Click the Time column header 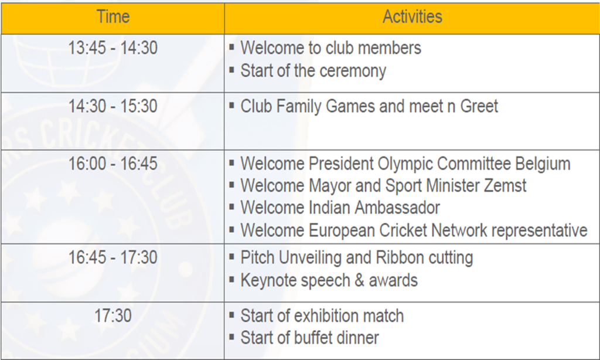click(x=113, y=17)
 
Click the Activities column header click(x=412, y=17)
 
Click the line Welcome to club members click(x=330, y=48)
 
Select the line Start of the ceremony click(x=313, y=71)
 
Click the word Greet click(x=479, y=106)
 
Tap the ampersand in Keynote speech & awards click(x=359, y=280)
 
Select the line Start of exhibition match click(x=322, y=316)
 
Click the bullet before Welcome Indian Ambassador click(x=231, y=207)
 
